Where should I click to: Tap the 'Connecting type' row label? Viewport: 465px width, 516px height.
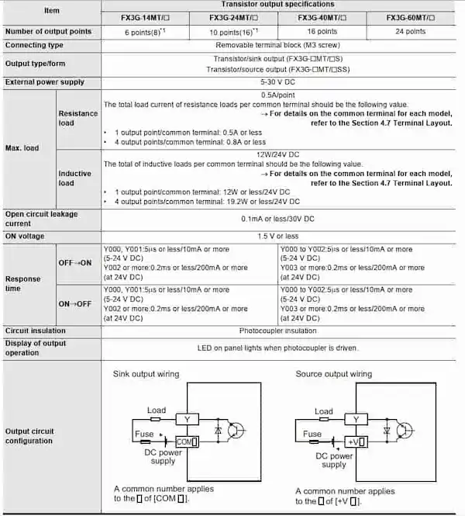[35, 45]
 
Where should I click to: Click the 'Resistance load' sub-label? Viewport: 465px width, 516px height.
[78, 118]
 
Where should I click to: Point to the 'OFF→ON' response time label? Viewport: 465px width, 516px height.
[76, 263]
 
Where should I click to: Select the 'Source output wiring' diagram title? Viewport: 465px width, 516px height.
[334, 374]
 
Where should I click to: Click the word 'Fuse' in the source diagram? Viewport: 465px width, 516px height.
[312, 435]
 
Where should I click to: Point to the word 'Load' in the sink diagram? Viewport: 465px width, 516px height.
[157, 410]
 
